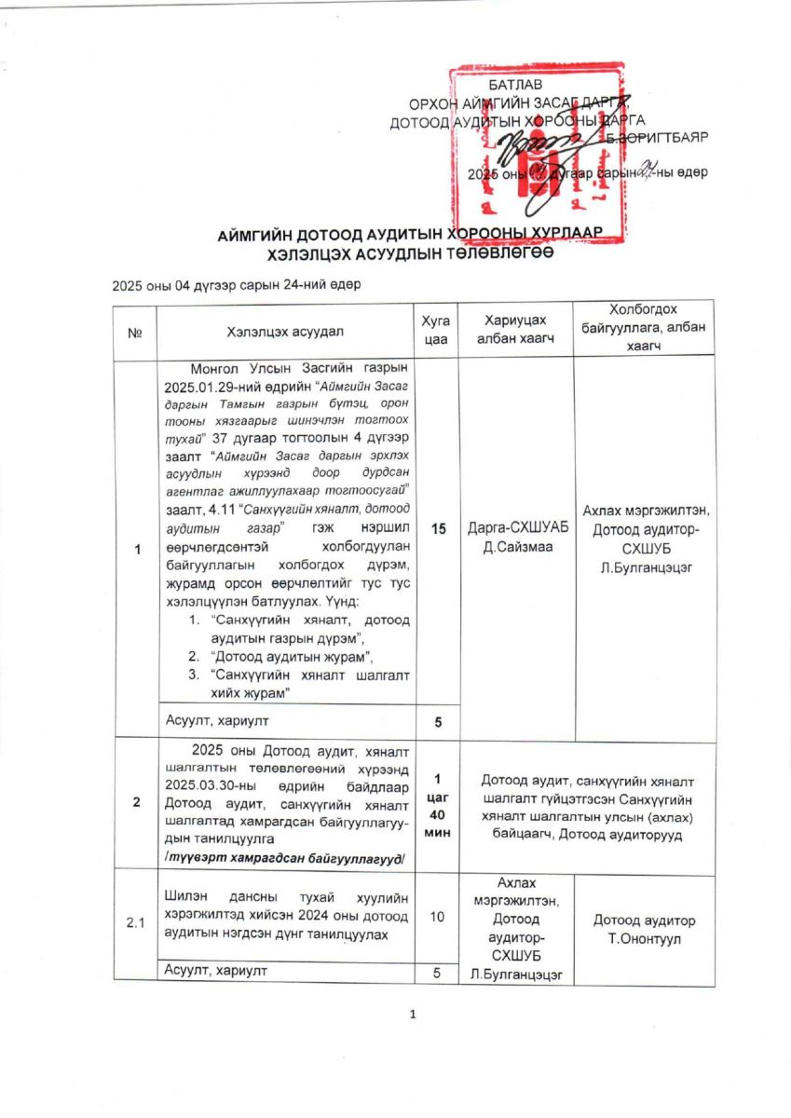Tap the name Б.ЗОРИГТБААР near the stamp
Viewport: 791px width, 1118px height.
click(x=656, y=137)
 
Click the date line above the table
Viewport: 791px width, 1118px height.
click(x=237, y=284)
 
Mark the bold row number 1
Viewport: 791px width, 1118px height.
click(x=136, y=549)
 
